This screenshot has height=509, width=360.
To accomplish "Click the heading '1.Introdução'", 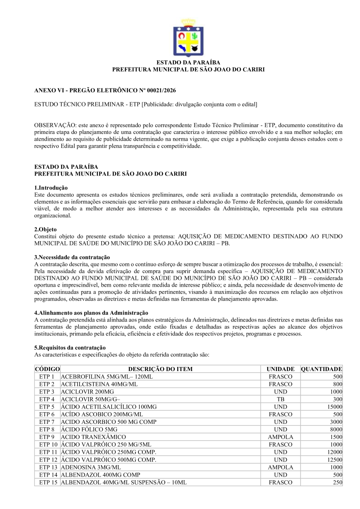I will tap(51, 188).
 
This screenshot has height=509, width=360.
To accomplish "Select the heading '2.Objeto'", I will tap(46, 230).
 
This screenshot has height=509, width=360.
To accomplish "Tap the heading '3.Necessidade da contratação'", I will tap(72, 257).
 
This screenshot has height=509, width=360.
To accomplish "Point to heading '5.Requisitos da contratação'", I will tap(70, 347).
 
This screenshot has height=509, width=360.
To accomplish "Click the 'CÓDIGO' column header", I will tap(47, 369).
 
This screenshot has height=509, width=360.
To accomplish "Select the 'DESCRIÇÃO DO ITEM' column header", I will tap(160, 369).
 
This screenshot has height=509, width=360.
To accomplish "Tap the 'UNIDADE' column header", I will tap(280, 369).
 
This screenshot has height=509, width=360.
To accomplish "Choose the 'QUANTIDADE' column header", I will tap(321, 369).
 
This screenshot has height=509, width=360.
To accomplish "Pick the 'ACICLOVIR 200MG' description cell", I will tap(87, 391).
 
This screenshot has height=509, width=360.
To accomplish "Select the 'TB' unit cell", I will tap(280, 399).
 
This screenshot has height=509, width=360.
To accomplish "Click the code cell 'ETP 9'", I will tap(47, 437).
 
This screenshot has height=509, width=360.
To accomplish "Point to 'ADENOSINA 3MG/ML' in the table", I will tap(91, 467).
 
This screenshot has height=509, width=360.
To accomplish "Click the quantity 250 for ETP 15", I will tap(337, 482).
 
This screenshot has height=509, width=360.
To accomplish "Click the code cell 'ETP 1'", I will tap(47, 377).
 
